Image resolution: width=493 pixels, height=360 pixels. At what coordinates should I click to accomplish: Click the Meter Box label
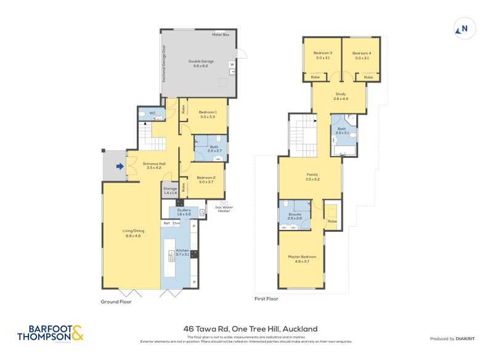coord(221,35)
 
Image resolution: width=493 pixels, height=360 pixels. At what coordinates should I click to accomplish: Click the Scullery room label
coord(184,211)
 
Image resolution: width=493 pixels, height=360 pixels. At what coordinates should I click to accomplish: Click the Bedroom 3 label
coord(323,54)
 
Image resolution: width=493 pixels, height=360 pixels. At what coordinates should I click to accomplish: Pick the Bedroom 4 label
coord(361,54)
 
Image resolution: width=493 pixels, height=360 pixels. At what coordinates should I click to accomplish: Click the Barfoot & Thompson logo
coord(51,333)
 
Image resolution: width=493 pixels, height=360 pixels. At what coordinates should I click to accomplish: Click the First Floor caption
coord(266,299)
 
